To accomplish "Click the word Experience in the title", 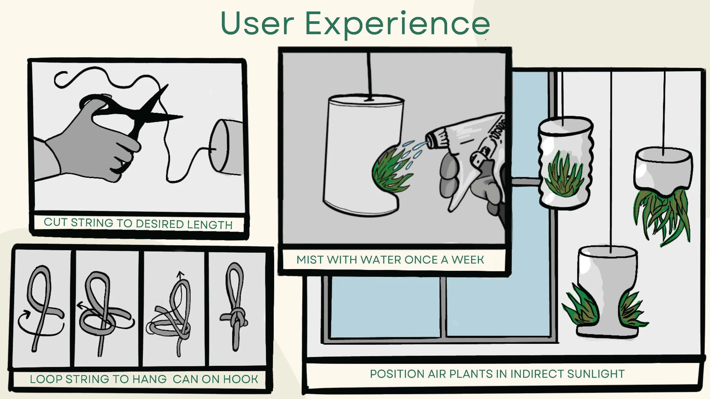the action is click(398, 24).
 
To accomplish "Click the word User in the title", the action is click(257, 24).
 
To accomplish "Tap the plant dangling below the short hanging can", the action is click(662, 216).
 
